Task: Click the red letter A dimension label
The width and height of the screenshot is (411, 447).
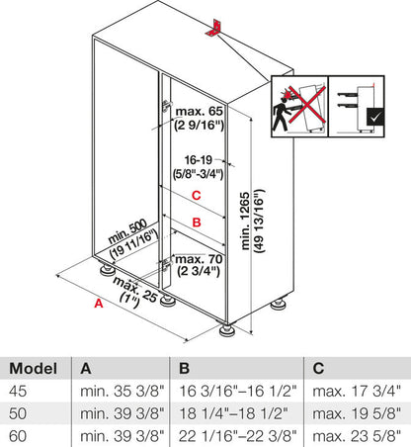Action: click(x=98, y=305)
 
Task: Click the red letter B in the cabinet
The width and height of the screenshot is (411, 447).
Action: click(x=197, y=223)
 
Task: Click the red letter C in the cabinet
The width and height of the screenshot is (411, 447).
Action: click(x=197, y=195)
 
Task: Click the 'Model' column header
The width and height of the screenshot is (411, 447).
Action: click(x=33, y=366)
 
